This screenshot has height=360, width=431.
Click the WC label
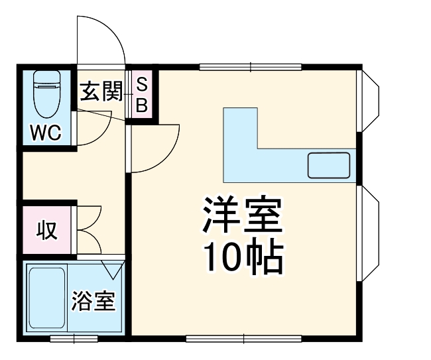tap(46, 133)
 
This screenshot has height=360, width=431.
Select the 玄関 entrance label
tap(101, 92)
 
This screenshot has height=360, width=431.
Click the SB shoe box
tap(141, 94)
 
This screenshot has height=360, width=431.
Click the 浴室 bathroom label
tap(93, 302)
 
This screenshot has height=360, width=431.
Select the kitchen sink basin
tap(329, 165)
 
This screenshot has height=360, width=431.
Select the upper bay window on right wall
tap(368, 99)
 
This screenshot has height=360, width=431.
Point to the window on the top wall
tap(251, 66)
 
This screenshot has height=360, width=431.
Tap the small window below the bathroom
tap(74, 339)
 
